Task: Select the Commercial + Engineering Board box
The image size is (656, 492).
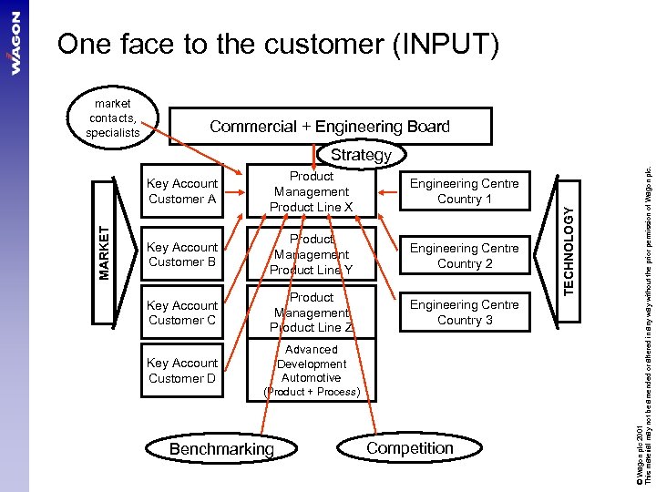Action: [x=329, y=127]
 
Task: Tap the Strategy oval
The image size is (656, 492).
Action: [x=361, y=155]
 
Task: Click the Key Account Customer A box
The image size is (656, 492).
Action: [x=182, y=191]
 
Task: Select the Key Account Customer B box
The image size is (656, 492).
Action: [x=182, y=254]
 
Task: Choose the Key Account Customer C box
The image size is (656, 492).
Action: [x=182, y=313]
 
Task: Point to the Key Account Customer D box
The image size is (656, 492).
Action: [x=182, y=371]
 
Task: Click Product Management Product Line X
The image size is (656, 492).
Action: [x=312, y=191]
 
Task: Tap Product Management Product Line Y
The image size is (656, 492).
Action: [x=312, y=255]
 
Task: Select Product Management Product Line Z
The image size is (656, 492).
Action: [x=312, y=313]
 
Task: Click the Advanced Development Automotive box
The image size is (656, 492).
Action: [x=312, y=370]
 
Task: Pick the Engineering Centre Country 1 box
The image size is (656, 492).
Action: [x=464, y=191]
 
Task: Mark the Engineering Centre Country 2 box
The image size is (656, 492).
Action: [x=464, y=255]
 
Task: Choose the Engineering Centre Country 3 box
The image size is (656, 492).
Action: [x=464, y=313]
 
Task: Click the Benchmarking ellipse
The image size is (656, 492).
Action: [x=221, y=449]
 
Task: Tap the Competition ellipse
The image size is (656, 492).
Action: [x=410, y=448]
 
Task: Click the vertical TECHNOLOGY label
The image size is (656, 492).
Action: [x=568, y=249]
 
